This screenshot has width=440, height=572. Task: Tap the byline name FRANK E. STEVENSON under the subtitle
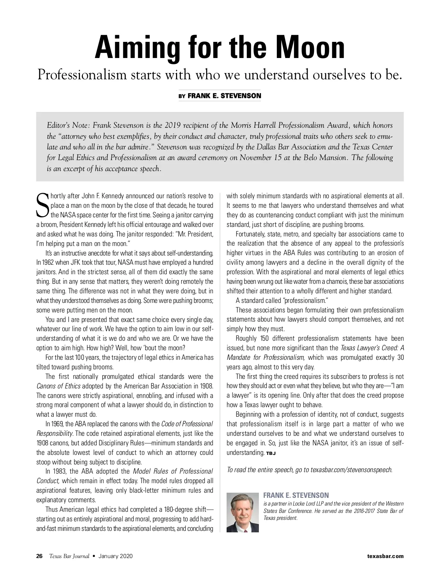pos(224,96)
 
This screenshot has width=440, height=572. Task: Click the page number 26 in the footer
pos(40,556)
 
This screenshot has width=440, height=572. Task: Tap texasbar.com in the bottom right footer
pos(385,556)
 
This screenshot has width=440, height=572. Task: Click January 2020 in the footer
pos(115,556)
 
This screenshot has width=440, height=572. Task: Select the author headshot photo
pos(243,512)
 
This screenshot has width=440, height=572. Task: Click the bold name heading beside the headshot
pos(296,495)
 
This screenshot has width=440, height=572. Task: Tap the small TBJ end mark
pos(271,453)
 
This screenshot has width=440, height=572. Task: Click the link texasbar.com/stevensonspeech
pos(351,470)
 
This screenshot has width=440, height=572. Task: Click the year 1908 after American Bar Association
pos(205,386)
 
